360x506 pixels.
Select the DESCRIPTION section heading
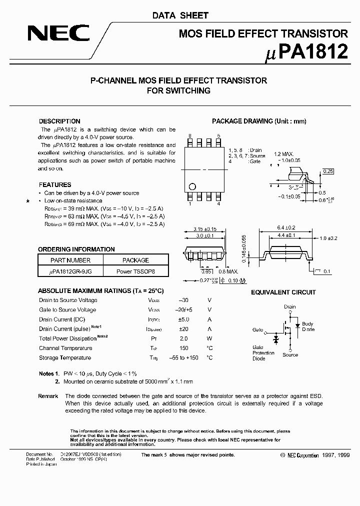pos(59,121)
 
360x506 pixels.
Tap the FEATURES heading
pos(55,185)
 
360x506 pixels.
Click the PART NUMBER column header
pos(70,260)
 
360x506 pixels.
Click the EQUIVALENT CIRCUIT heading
pos(283,292)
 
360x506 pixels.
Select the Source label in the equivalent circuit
pos(290,355)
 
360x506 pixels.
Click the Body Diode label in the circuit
pos(307,327)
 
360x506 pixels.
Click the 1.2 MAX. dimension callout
pos(283,154)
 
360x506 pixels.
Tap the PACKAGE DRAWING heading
pos(259,121)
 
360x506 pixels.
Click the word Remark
pos(48,396)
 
